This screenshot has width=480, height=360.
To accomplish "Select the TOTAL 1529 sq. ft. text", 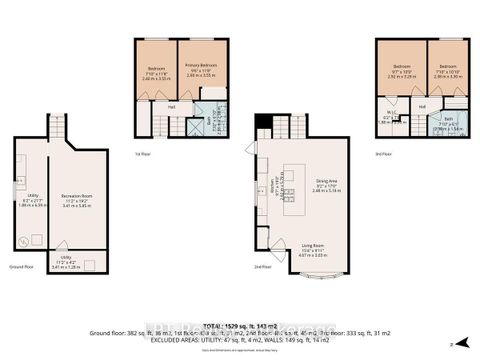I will pyautogui.click(x=240, y=326).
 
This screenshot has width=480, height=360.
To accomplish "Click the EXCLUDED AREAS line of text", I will pyautogui.click(x=240, y=340).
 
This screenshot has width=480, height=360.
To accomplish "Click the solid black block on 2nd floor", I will pyautogui.click(x=263, y=126).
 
